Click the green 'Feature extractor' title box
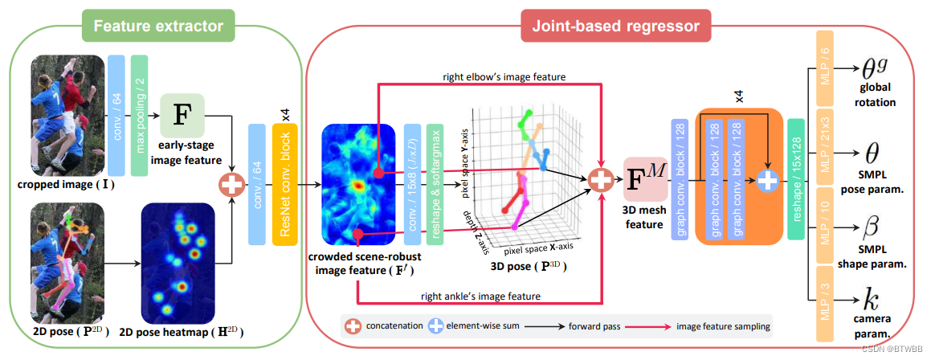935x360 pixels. click(158, 26)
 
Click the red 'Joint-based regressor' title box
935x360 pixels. click(616, 27)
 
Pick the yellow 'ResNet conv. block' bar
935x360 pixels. click(284, 183)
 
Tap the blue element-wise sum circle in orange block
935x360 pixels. click(767, 181)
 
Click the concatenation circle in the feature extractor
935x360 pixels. click(231, 184)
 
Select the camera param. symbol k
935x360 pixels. click(869, 302)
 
